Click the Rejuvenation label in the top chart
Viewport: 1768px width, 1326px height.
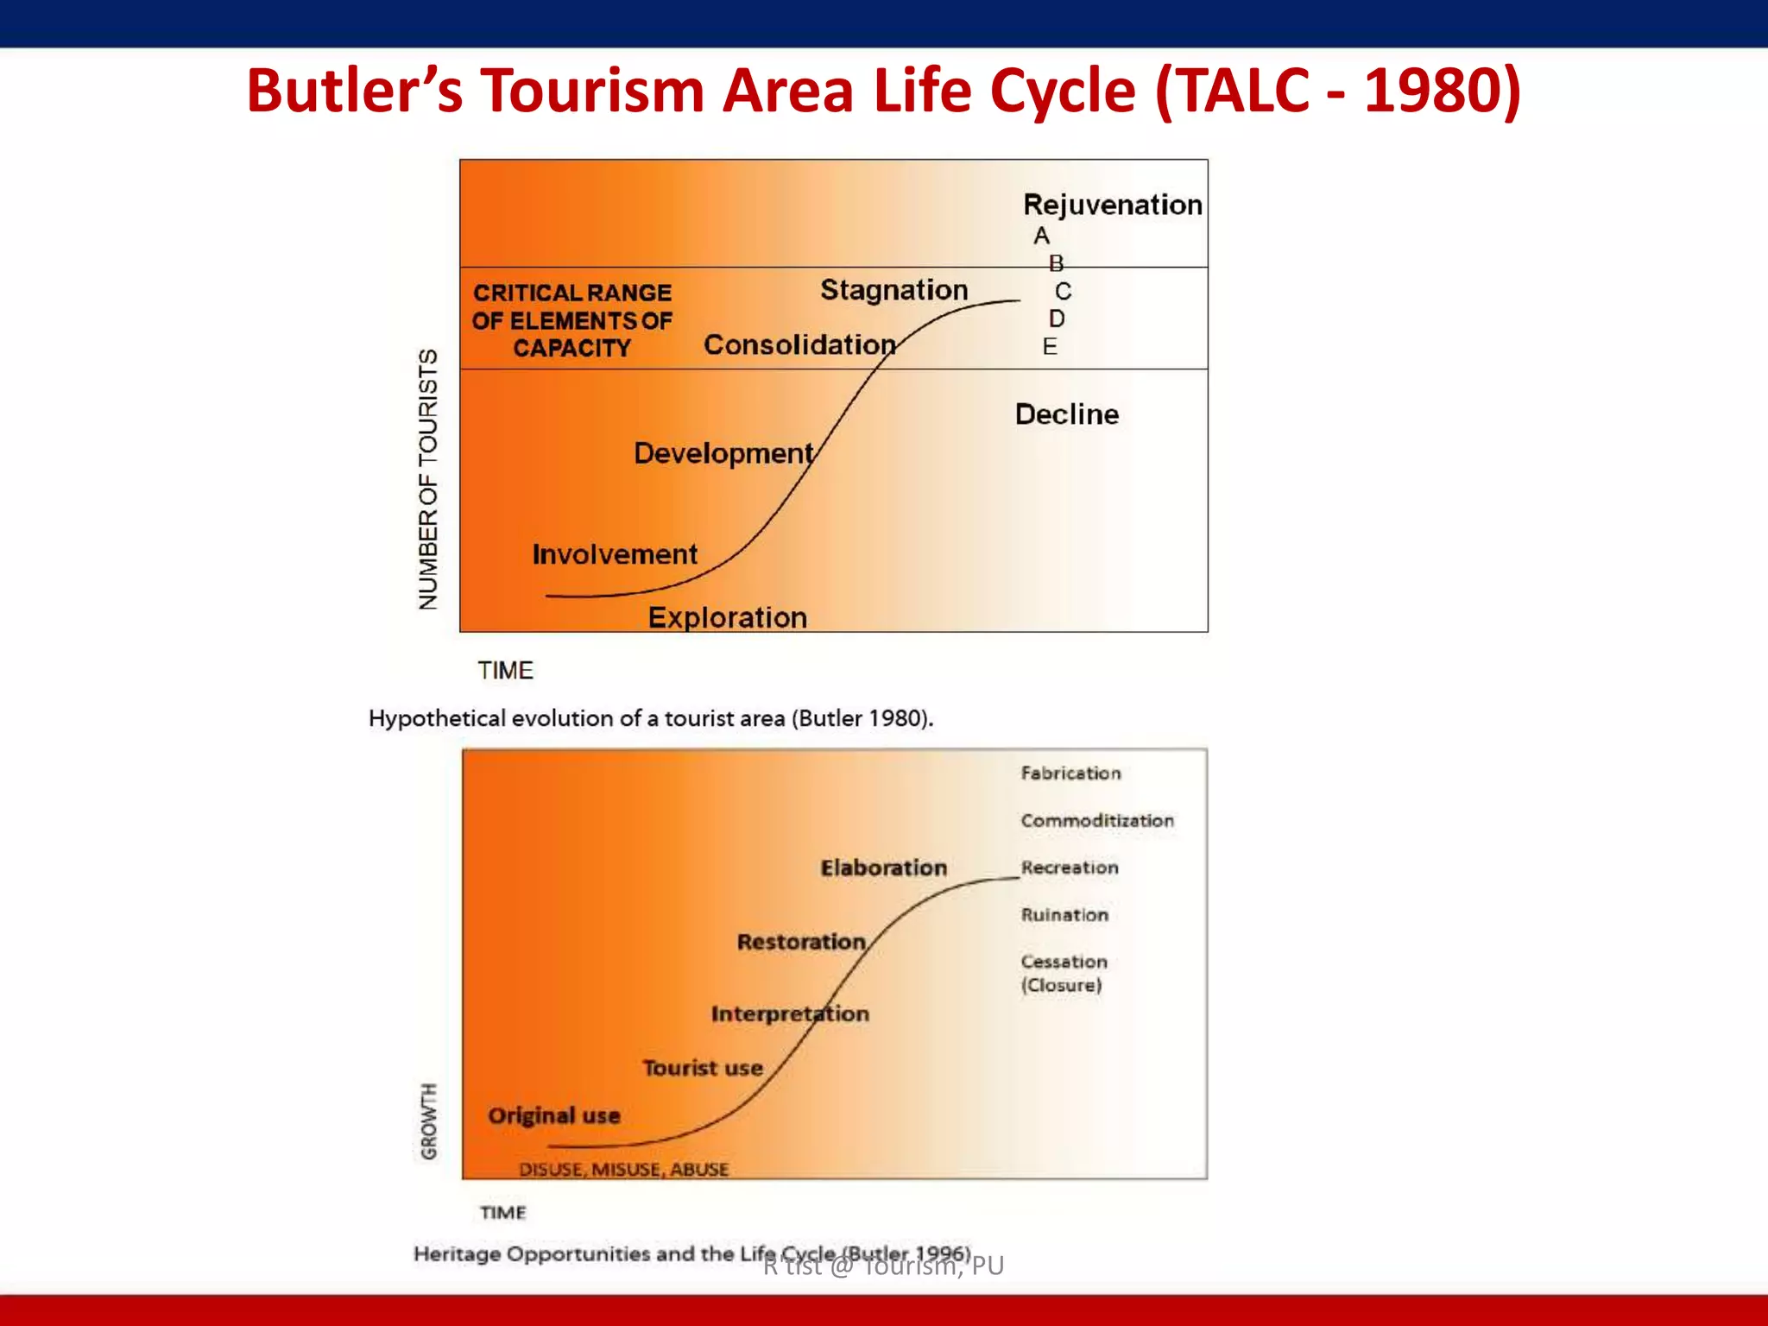pos(1112,205)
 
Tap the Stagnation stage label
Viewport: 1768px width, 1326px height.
pos(893,290)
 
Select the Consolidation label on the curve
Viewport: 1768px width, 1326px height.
pos(799,344)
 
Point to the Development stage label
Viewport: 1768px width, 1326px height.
pos(723,453)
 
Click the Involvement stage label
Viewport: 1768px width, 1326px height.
pos(614,554)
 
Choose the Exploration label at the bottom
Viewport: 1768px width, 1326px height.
pos(727,618)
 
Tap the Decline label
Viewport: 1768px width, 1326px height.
pos(1066,414)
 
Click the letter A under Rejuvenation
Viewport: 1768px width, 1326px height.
pos(1041,236)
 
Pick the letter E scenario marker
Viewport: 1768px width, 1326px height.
pos(1049,347)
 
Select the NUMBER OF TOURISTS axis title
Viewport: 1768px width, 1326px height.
pos(428,479)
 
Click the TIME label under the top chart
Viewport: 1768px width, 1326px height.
pos(505,671)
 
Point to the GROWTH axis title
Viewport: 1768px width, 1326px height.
pos(428,1121)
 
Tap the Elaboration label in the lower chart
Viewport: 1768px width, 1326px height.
pos(883,868)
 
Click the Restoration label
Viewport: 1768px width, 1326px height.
pos(800,942)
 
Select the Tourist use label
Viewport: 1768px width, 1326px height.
pos(702,1069)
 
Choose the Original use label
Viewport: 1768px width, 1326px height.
pos(553,1115)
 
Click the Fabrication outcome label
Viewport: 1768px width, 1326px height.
pos(1070,773)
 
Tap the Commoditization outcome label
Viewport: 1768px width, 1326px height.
pos(1096,820)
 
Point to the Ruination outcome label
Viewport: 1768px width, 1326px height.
pos(1064,915)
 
